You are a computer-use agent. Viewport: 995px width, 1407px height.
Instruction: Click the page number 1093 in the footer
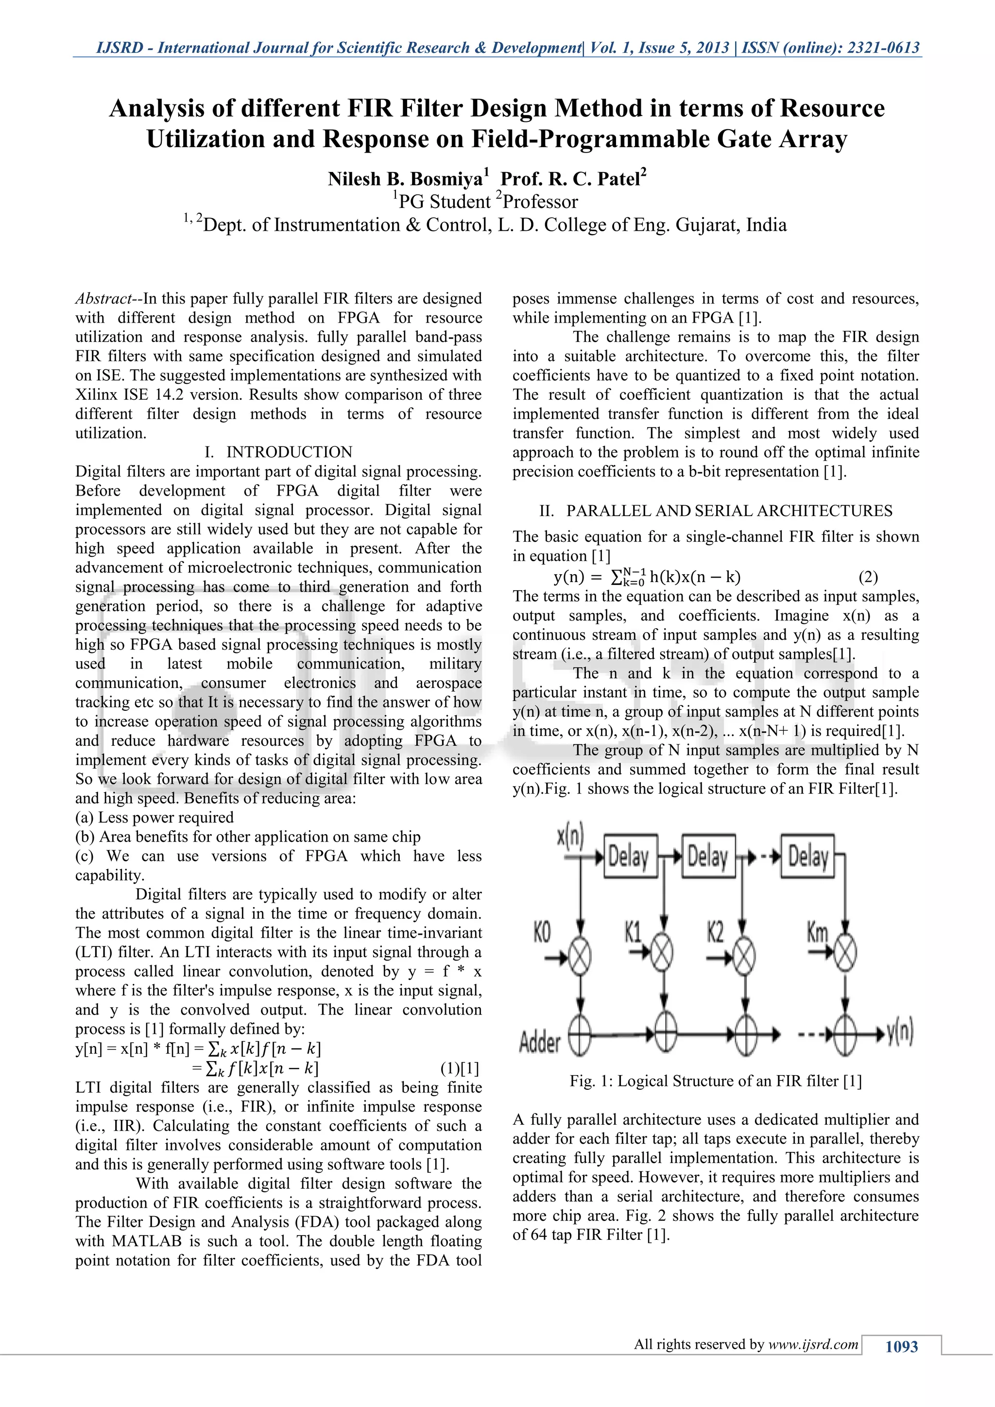901,1346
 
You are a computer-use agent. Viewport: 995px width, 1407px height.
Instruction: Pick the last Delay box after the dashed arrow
807,856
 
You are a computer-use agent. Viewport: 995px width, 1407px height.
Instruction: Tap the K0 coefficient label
542,933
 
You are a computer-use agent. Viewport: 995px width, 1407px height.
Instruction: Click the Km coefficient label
817,933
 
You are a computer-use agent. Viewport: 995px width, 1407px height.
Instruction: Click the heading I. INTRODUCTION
278,452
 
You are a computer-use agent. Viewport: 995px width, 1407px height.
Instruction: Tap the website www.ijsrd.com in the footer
813,1344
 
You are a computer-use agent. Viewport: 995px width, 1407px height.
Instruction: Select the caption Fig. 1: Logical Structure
715,1081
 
